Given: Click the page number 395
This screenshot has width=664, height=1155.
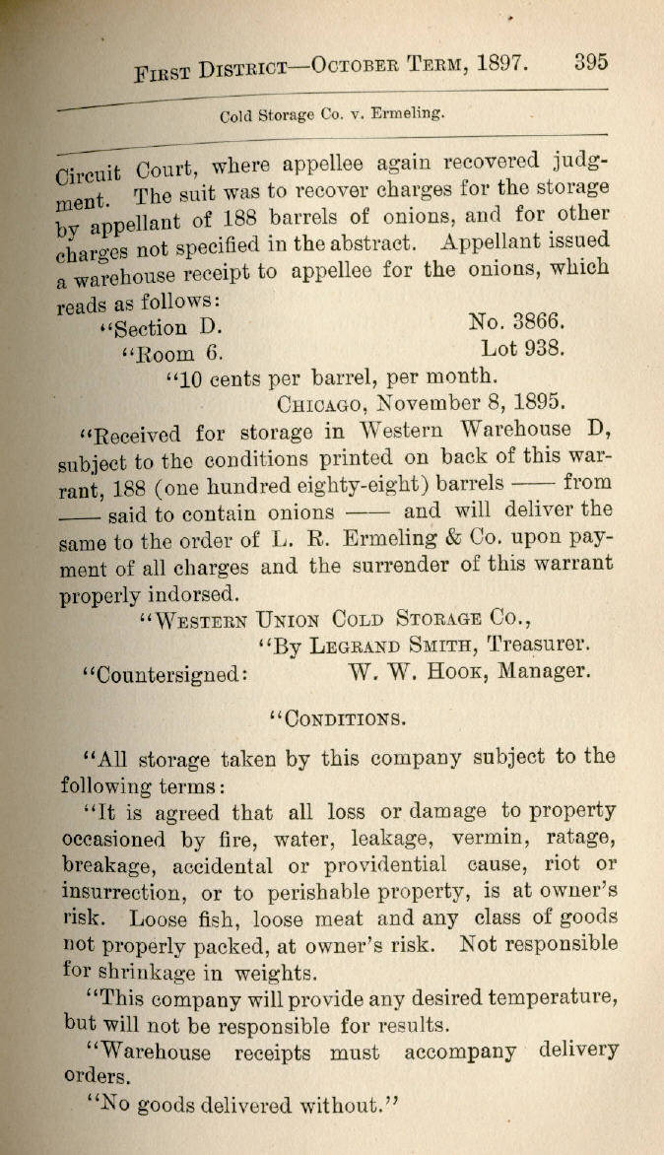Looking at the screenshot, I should (x=591, y=61).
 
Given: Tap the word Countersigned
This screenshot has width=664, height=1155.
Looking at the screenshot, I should (x=165, y=674).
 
